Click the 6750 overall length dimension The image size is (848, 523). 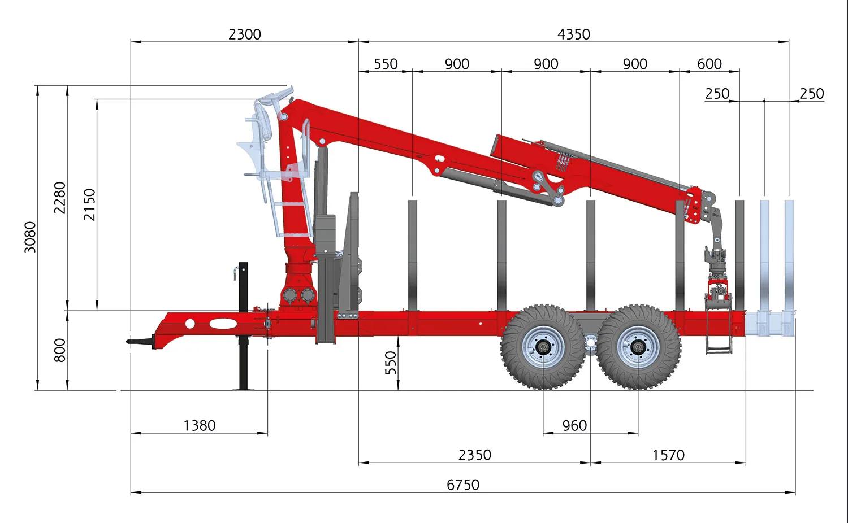tap(463, 485)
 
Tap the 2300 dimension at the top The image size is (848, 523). tap(245, 34)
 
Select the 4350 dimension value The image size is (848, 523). tap(574, 34)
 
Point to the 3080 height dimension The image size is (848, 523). tap(30, 237)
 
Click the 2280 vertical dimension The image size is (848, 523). tap(60, 198)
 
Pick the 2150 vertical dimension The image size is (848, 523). tap(90, 204)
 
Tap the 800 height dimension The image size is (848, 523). tap(60, 350)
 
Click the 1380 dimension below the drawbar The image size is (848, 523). tap(200, 426)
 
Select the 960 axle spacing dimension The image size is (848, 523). tap(575, 426)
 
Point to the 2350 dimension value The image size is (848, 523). tap(475, 455)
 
